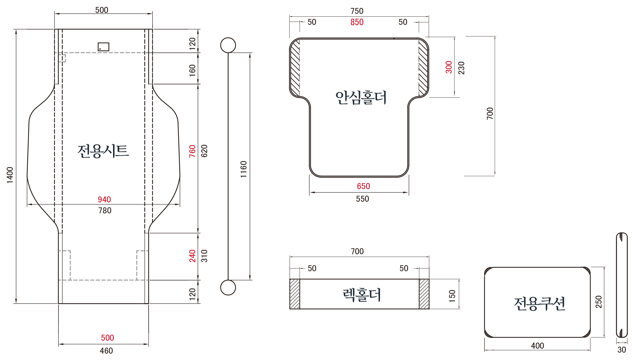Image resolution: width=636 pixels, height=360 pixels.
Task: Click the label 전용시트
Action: (103, 151)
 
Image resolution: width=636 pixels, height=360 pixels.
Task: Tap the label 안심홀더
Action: (361, 98)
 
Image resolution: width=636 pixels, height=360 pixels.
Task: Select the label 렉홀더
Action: (362, 295)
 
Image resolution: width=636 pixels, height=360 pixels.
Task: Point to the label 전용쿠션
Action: (539, 303)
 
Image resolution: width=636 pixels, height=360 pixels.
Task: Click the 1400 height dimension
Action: (10, 175)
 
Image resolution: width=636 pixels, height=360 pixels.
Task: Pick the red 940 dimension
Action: (104, 199)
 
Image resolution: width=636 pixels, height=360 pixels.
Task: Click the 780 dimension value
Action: (105, 211)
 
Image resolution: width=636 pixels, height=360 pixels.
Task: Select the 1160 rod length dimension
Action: (244, 169)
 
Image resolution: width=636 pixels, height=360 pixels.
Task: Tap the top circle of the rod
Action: (228, 45)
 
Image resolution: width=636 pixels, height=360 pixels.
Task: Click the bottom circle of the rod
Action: (228, 288)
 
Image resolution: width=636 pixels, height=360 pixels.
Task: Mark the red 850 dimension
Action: (357, 22)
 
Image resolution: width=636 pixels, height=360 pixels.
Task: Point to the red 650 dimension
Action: (363, 186)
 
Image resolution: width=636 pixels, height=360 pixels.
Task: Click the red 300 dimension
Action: (449, 67)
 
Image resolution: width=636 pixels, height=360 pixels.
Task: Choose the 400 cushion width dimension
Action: (537, 346)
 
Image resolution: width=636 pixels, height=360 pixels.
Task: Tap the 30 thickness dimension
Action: (621, 350)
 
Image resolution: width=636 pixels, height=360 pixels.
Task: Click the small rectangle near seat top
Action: (103, 47)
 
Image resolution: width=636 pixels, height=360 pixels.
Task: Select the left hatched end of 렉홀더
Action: (295, 294)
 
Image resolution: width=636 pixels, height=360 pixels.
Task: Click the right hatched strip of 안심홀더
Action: (423, 67)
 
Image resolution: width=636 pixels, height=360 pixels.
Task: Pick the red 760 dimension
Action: (192, 151)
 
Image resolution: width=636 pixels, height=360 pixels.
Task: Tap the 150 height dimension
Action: (452, 296)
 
